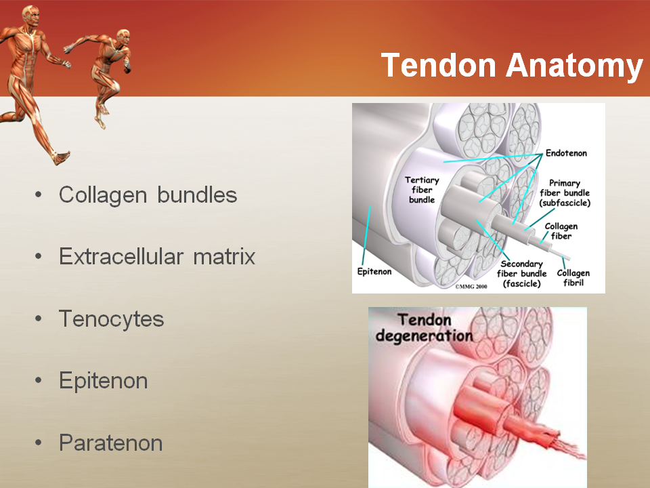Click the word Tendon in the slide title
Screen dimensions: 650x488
(x=439, y=65)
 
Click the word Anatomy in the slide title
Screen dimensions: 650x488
(x=575, y=66)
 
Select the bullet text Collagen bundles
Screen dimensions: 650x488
(x=148, y=195)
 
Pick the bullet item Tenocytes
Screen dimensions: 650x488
(x=112, y=319)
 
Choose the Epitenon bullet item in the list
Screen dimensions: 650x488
(x=103, y=381)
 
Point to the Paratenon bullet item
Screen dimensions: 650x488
(x=110, y=443)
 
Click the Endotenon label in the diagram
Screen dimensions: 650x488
(x=566, y=153)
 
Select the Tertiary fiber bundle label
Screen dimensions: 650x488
(x=422, y=190)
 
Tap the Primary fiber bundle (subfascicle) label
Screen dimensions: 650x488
(x=565, y=193)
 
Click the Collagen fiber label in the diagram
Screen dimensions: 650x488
(x=561, y=231)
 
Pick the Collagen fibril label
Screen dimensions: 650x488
(x=573, y=278)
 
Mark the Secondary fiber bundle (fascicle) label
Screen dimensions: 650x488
(x=521, y=274)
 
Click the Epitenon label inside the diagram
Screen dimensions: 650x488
(x=374, y=271)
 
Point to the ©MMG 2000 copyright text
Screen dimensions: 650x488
(x=471, y=286)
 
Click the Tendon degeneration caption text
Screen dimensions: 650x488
(x=424, y=328)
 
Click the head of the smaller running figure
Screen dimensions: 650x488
(x=123, y=37)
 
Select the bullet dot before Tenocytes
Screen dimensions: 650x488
(x=39, y=319)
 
